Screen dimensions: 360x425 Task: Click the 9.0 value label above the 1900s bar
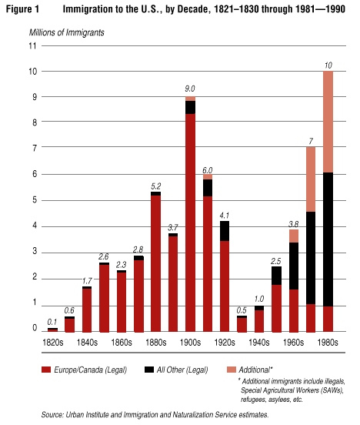click(190, 89)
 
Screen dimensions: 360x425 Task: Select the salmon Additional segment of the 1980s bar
click(328, 122)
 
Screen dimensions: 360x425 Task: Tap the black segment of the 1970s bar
click(311, 258)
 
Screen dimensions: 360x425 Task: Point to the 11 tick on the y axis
click(32, 45)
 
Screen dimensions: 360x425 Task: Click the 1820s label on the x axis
click(53, 343)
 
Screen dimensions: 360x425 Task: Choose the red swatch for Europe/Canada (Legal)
click(46, 370)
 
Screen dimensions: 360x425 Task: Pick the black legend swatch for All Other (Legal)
click(149, 370)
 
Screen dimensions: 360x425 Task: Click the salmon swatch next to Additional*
click(232, 370)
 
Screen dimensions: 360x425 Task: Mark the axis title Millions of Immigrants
click(67, 33)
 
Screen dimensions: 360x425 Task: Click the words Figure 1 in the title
click(22, 9)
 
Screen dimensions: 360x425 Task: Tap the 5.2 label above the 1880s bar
click(156, 186)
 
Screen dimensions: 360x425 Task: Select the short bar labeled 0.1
click(52, 330)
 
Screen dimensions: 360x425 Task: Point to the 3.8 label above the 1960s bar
click(294, 224)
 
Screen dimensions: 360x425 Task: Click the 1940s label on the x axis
click(259, 343)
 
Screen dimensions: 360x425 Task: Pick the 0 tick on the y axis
click(35, 328)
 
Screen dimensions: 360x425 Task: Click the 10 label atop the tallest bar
click(328, 65)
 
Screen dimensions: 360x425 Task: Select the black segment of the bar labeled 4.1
click(225, 231)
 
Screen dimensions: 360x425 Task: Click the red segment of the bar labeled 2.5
click(277, 308)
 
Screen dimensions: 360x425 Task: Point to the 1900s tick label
click(190, 343)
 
